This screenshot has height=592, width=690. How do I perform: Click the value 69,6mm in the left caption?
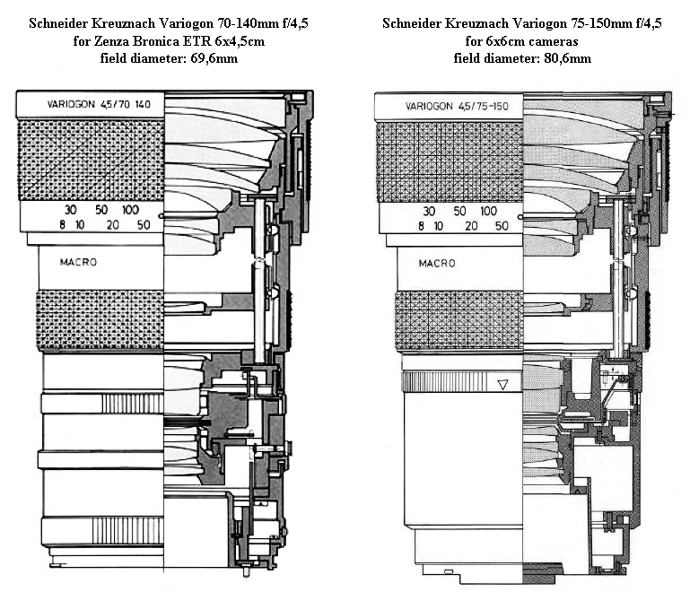point(214,58)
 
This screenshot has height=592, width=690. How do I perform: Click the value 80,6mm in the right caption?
point(568,58)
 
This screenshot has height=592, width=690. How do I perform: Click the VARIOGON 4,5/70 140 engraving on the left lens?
point(99,104)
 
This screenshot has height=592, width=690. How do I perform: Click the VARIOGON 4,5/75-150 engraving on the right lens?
point(457,106)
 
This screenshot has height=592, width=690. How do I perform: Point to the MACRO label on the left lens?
point(78,262)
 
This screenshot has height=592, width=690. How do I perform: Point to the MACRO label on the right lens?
point(437,264)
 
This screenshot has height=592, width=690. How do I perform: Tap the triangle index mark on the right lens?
point(502,385)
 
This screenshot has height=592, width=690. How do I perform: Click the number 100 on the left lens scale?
point(131,209)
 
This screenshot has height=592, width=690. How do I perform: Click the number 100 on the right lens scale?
point(488,211)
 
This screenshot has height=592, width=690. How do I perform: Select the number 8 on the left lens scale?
point(63,225)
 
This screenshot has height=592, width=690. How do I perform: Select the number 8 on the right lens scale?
point(421,226)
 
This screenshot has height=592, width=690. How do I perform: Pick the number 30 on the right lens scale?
point(429,211)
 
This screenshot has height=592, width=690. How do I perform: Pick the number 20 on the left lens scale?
point(113,225)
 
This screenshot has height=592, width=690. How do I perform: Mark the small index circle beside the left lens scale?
point(161,216)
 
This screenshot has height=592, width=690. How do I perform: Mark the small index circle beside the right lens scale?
point(520,217)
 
